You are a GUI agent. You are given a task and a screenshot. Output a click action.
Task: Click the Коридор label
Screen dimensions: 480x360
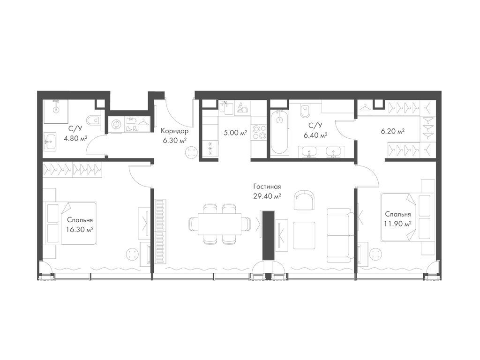point(175,131)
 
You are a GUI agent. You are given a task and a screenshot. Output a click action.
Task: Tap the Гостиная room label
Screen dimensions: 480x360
point(267,187)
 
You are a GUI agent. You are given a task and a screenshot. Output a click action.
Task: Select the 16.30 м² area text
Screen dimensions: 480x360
point(80,229)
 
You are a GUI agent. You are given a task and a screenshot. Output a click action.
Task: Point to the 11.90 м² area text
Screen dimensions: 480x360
point(397,224)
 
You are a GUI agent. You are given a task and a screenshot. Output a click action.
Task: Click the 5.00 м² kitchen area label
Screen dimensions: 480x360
point(235,133)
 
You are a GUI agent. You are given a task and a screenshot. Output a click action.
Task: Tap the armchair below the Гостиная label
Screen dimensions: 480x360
point(303,200)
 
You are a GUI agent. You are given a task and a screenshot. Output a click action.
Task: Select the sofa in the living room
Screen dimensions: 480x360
point(339,235)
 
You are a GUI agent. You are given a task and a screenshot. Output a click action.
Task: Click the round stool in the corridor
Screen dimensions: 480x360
point(192,152)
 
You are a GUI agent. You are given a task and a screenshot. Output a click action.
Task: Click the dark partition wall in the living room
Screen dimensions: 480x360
point(269,235)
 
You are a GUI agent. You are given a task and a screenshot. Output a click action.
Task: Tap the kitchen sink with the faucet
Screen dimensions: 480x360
point(226,107)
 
